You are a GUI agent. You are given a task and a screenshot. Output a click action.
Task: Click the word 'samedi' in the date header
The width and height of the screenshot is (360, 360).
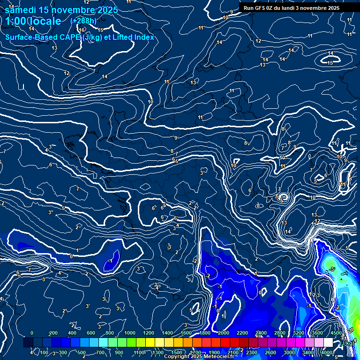coord(20,10)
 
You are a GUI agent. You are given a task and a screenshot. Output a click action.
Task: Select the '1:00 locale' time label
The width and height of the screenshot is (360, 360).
coord(33,21)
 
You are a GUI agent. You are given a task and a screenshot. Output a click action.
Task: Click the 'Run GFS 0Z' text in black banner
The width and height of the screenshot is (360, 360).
coord(259,8)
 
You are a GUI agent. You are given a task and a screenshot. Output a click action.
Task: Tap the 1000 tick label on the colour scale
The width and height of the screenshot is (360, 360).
coord(130,333)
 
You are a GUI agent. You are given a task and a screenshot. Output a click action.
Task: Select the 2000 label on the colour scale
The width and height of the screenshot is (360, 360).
coord(224,333)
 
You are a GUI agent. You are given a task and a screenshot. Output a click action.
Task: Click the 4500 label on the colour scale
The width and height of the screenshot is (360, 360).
coord(336,333)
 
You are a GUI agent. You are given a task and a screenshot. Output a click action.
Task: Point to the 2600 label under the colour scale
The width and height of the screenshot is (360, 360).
coord(270,352)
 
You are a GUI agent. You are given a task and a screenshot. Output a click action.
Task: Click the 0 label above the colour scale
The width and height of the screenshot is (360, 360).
coord(32,333)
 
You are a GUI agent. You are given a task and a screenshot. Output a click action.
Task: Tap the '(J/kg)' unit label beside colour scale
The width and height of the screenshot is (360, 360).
coord(347,343)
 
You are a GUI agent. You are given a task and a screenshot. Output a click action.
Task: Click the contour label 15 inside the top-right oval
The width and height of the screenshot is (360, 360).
coord(330,63)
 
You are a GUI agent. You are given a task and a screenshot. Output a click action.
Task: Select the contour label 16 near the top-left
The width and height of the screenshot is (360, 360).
coord(82,30)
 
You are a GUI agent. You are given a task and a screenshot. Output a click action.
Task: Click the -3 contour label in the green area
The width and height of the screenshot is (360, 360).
coord(332,269)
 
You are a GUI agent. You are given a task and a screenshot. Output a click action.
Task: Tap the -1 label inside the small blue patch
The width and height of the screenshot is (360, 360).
coord(111,261)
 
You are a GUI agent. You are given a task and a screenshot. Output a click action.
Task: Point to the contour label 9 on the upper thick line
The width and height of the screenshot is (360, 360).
coord(175,138)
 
